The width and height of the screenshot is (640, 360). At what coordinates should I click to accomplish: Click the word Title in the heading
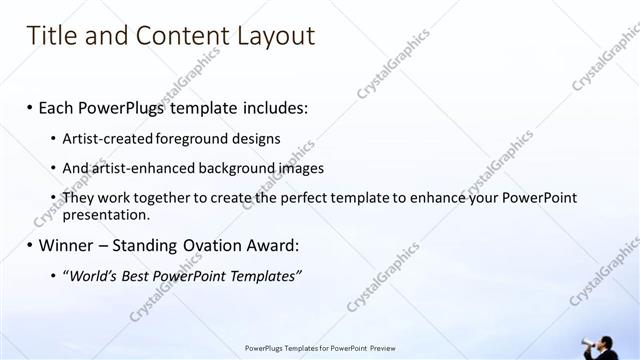50,36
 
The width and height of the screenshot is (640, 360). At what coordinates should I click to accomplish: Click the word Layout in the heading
274,36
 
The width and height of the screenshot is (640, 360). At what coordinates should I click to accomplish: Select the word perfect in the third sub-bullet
301,198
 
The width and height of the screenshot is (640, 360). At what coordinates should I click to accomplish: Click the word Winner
67,245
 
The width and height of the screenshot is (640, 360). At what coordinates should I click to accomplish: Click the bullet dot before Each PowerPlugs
30,107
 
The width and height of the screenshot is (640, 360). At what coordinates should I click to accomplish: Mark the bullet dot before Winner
30,246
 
